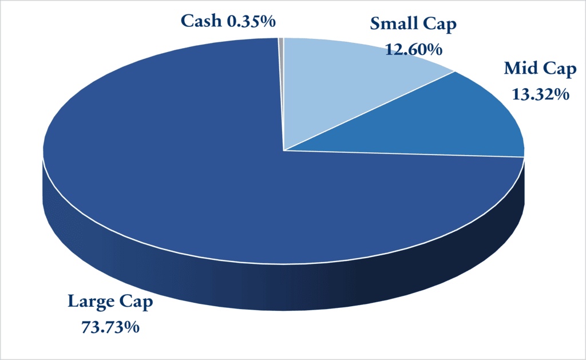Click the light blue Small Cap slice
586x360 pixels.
349,86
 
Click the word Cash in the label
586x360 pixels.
201,21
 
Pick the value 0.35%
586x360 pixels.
251,21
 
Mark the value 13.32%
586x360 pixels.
536,93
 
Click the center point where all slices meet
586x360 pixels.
284,151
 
